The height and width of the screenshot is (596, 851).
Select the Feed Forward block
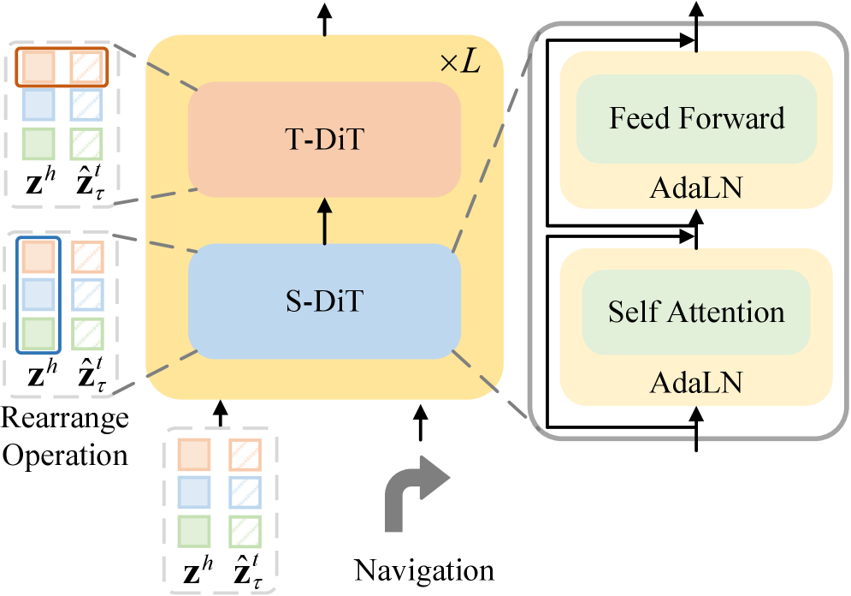(x=696, y=118)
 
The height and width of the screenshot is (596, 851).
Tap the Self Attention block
(x=696, y=312)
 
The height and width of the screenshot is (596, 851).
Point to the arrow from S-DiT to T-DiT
(x=324, y=222)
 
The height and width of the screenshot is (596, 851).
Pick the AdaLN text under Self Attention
(x=696, y=382)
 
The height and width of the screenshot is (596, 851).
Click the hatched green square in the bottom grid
(x=245, y=531)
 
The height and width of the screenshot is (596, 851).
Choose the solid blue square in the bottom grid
(x=193, y=492)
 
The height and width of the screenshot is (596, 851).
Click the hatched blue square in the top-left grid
(x=86, y=104)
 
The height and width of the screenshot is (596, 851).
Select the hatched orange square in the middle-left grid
(x=87, y=256)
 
